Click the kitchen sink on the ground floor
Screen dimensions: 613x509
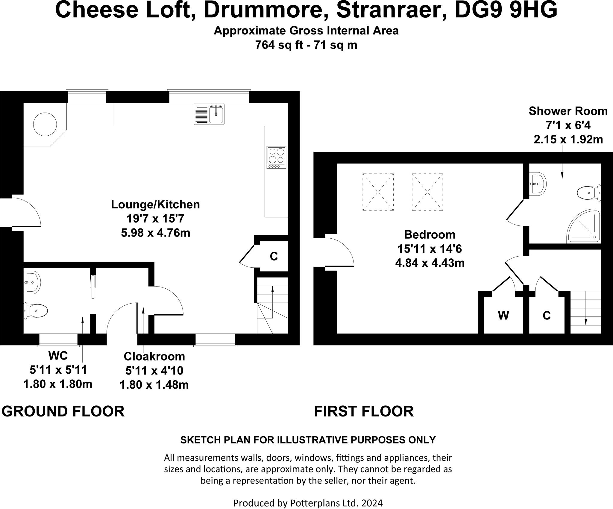[x=209, y=114]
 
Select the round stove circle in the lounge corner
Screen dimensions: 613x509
[x=45, y=124]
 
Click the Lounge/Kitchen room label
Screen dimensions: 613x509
[x=155, y=204]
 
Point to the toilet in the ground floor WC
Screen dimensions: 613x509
[x=36, y=310]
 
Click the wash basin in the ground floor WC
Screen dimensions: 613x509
[x=32, y=282]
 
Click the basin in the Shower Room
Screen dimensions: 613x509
[x=538, y=184]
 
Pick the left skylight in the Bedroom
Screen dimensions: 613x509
[x=378, y=192]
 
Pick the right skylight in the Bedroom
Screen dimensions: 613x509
[x=427, y=192]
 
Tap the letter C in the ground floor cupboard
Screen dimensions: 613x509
[x=274, y=256]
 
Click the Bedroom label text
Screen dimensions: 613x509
[x=430, y=234]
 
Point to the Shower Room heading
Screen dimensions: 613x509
[x=568, y=111]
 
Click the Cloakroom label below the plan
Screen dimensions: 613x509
[x=154, y=356]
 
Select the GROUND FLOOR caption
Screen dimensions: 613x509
[x=63, y=411]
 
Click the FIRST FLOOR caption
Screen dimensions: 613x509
[x=364, y=411]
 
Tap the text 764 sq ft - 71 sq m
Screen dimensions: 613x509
[x=306, y=45]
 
